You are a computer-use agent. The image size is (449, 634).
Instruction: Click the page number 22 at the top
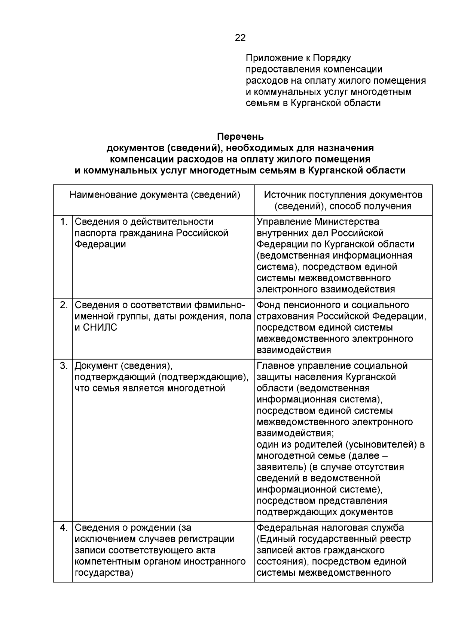240,38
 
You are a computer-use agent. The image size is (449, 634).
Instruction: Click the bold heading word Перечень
240,137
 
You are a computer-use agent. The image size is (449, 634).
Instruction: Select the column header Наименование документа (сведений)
155,195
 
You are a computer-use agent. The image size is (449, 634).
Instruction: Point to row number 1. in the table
64,222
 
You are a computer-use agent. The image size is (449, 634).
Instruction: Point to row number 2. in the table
64,305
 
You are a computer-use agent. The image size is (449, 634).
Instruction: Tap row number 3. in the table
64,366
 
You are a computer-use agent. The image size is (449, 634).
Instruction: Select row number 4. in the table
64,528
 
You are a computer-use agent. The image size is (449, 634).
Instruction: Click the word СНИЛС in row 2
100,328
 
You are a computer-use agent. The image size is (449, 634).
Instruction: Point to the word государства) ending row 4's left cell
104,573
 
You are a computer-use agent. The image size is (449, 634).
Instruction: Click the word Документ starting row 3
96,366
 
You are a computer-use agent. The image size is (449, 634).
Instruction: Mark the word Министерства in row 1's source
346,222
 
